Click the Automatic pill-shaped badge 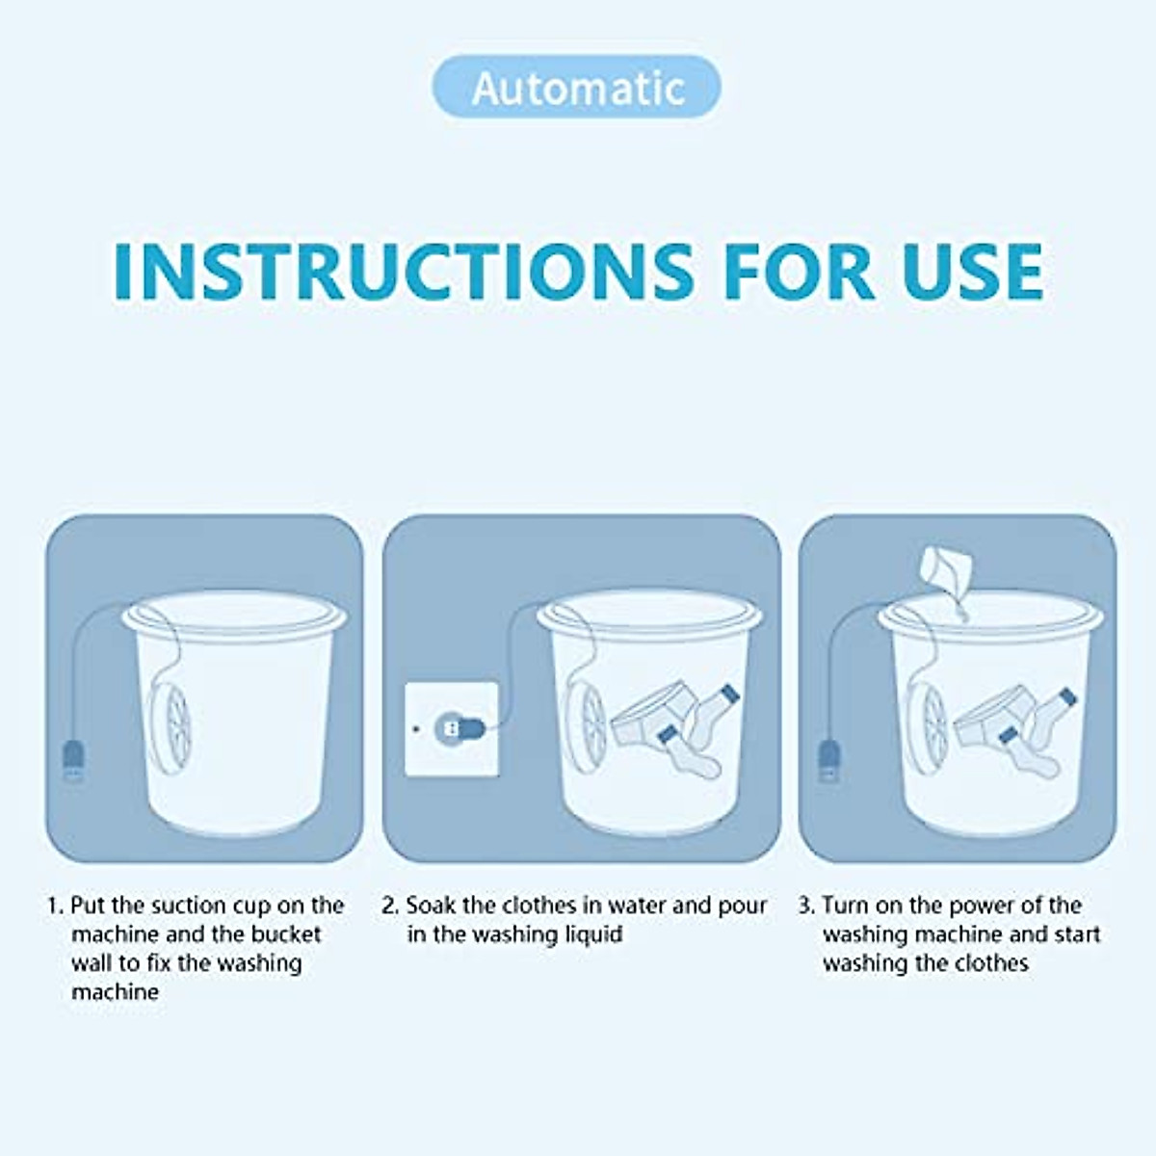click(x=577, y=88)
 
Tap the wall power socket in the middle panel click(x=452, y=729)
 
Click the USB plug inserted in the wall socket click(x=455, y=728)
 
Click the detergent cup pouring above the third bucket click(x=943, y=569)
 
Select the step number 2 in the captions click(x=389, y=906)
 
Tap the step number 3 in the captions click(x=805, y=906)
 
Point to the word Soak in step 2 click(x=431, y=906)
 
